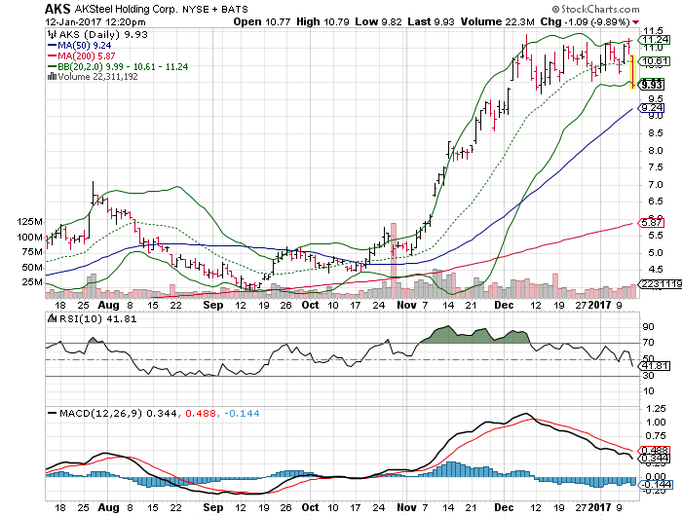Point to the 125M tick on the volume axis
point(30,222)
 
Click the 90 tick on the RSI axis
point(646,327)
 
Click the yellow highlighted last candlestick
point(633,71)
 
